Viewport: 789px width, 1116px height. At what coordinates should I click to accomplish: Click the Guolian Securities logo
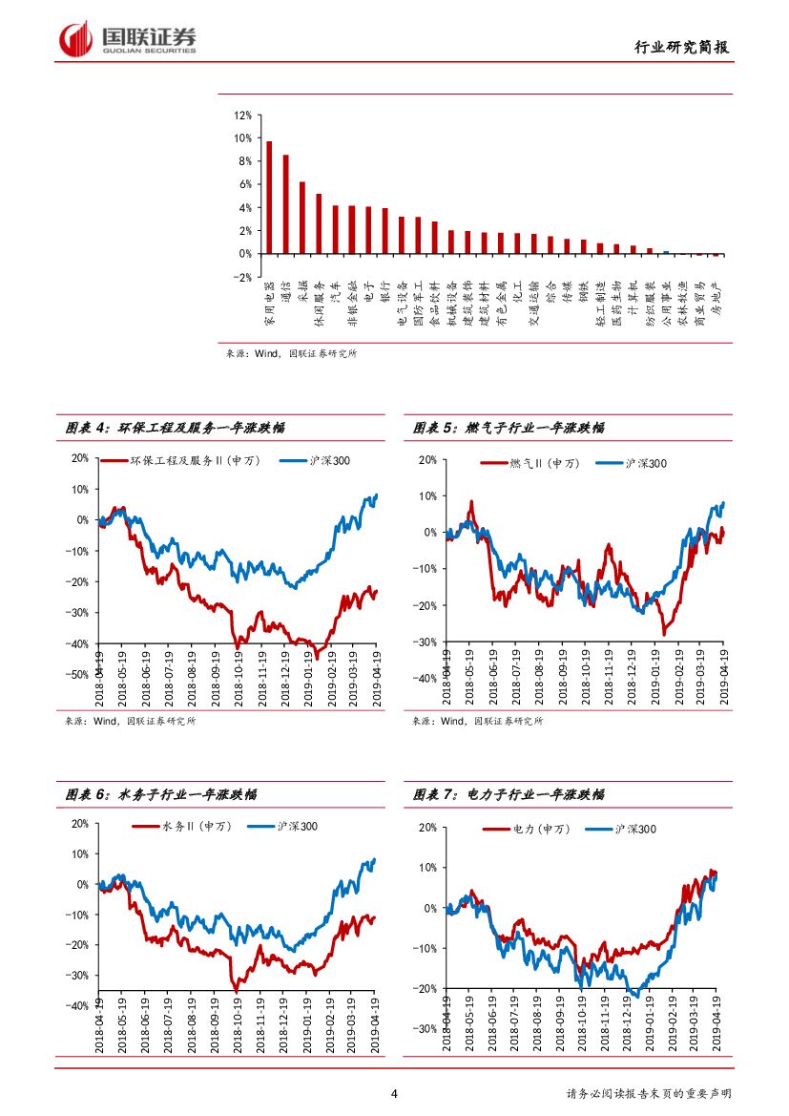[128, 39]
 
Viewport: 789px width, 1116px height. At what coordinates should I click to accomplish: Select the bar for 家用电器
[269, 198]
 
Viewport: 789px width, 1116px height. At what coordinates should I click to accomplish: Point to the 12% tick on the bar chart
[241, 115]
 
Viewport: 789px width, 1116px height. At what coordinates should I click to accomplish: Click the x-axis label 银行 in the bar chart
[384, 291]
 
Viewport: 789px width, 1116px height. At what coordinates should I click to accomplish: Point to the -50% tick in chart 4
[78, 675]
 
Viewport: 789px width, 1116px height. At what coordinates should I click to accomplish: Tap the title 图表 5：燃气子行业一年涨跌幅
[509, 429]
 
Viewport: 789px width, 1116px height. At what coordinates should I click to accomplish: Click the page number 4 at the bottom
[394, 1094]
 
